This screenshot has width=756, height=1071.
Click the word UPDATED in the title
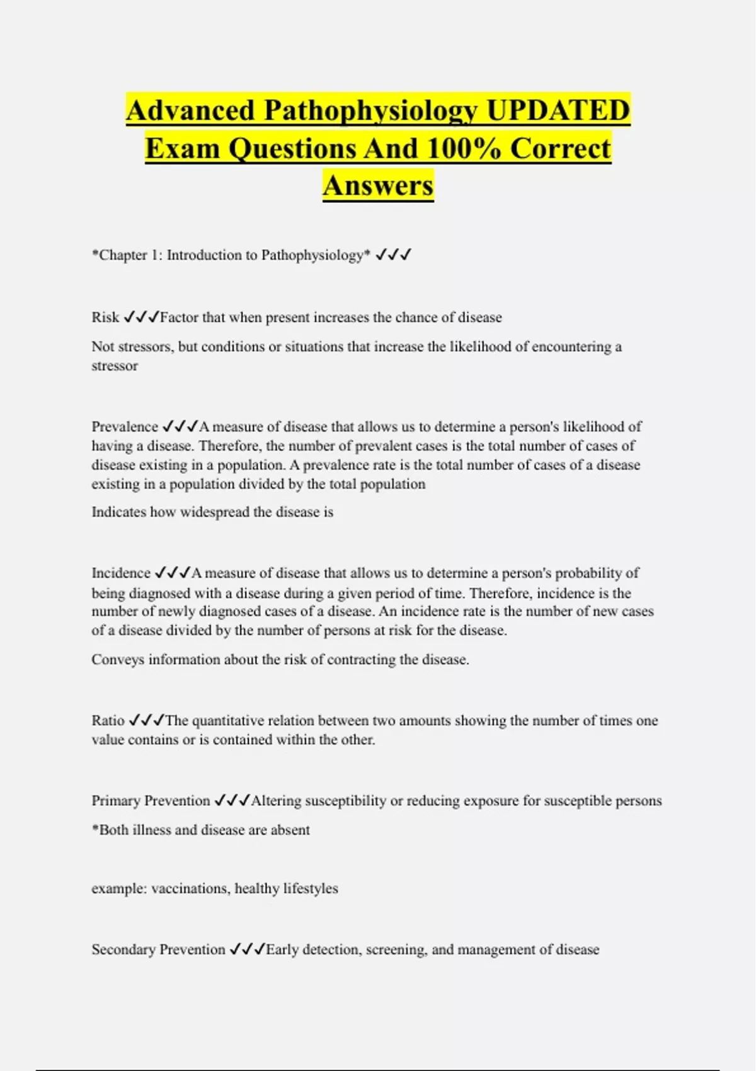(558, 110)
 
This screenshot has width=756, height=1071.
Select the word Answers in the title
(378, 186)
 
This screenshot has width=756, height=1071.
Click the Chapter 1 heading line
(231, 255)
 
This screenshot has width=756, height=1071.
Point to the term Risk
(105, 317)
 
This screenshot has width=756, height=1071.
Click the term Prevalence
(125, 427)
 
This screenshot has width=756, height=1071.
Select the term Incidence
(121, 573)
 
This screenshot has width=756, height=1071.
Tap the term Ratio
(108, 720)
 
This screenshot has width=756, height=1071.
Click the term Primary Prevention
(151, 800)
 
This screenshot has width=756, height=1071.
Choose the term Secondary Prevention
(158, 949)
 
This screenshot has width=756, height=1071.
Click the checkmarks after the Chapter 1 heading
(393, 255)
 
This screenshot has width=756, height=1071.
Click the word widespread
(214, 512)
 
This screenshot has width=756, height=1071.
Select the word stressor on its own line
(115, 366)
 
